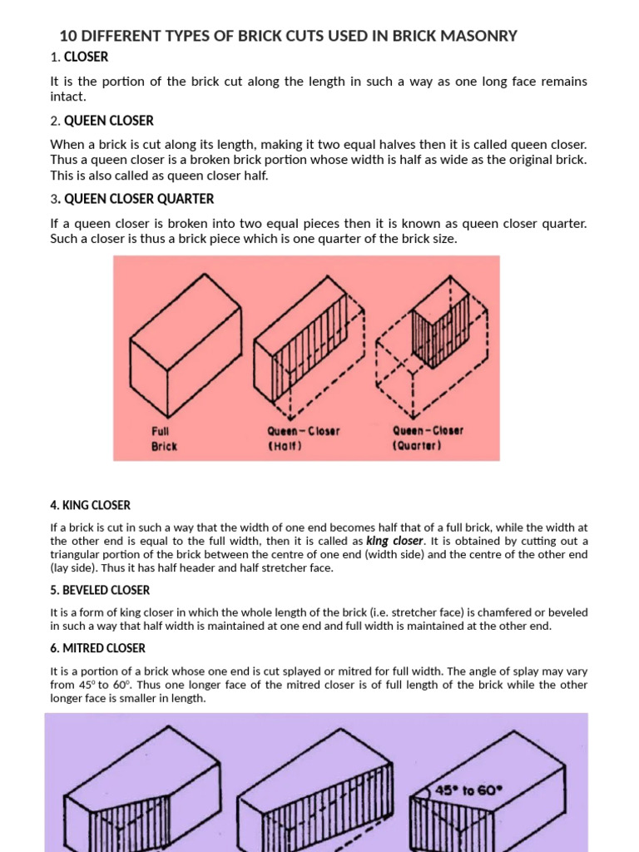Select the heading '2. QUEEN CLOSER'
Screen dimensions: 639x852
tap(102, 121)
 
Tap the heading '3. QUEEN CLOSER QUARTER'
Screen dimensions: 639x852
tap(131, 199)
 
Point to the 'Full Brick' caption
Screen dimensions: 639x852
tap(163, 438)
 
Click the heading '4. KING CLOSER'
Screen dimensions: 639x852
tap(90, 505)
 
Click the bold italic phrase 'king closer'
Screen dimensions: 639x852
tap(394, 541)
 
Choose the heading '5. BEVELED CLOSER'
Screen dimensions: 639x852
tap(100, 590)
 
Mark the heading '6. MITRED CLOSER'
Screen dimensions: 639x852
tap(97, 648)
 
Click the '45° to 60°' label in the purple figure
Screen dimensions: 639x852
tap(468, 791)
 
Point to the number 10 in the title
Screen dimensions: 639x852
tap(67, 36)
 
